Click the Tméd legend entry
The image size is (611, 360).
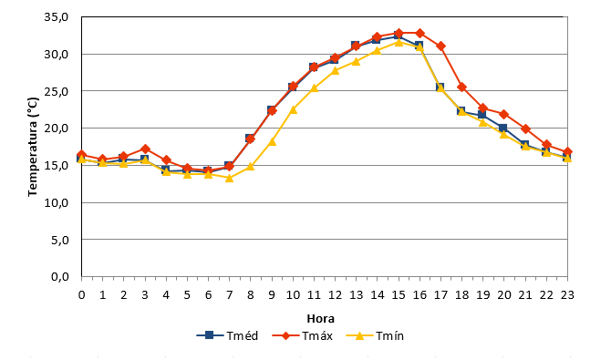(228, 335)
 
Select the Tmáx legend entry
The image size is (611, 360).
(303, 335)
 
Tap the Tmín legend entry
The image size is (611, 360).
(375, 335)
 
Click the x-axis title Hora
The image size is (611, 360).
(321, 319)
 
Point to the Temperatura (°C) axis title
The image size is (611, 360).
(33, 147)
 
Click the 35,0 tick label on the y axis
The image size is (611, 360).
(57, 17)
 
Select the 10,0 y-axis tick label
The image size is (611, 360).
(57, 202)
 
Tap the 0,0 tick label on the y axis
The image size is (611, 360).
(59, 277)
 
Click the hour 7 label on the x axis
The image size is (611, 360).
(229, 295)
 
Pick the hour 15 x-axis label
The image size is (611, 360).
(399, 295)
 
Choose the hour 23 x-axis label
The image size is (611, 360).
(567, 295)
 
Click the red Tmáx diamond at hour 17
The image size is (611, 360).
(440, 46)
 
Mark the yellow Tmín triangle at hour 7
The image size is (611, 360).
(229, 178)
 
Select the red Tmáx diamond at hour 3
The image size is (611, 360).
(145, 149)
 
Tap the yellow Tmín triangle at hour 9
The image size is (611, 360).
(272, 141)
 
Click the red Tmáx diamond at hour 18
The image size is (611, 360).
(461, 87)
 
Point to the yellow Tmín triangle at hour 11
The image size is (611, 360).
(314, 88)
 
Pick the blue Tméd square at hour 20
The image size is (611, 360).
(502, 128)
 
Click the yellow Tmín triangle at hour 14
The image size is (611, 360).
(378, 50)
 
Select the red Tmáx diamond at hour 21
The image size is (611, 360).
(525, 129)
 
